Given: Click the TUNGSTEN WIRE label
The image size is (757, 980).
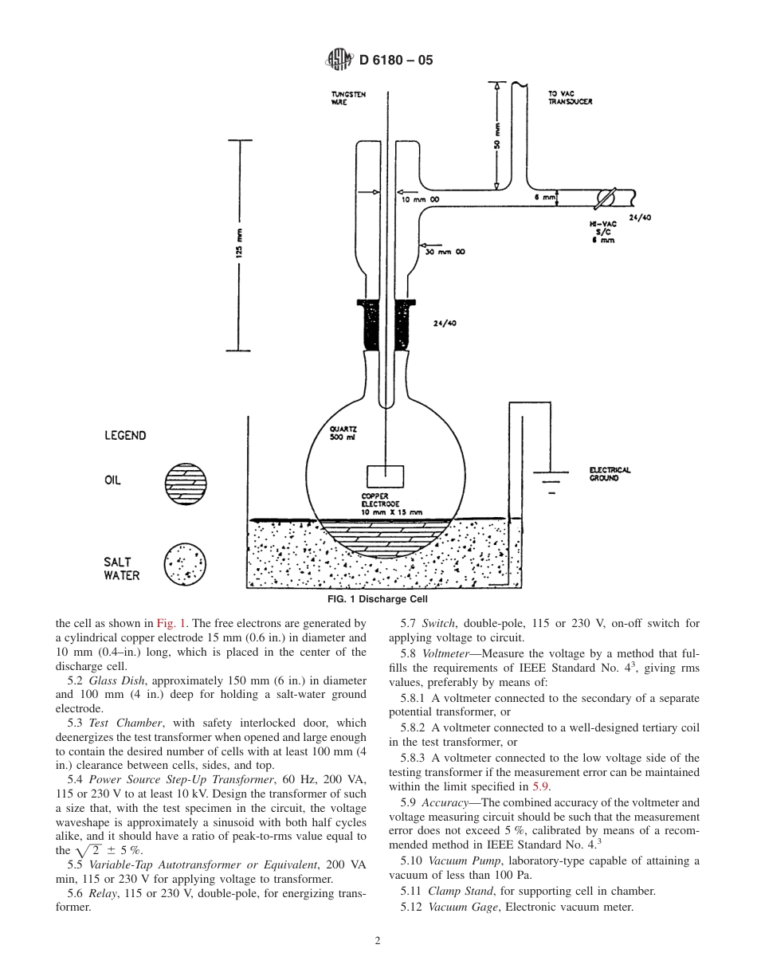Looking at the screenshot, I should click(348, 98).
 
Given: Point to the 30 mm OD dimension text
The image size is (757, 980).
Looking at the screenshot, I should click(447, 251).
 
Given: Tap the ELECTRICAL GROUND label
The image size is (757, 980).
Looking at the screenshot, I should click(610, 473).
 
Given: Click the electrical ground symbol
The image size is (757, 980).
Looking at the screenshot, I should click(551, 482).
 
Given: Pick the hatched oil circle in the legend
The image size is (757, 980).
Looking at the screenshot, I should click(185, 482).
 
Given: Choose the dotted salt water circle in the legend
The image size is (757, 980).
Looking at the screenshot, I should click(185, 565).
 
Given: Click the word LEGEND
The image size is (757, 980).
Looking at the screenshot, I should click(125, 436).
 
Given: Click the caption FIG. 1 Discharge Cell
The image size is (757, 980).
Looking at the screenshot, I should click(378, 599).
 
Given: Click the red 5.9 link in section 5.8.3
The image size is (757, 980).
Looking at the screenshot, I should click(534, 786).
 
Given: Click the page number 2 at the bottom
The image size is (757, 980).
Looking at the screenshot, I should click(378, 940).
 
